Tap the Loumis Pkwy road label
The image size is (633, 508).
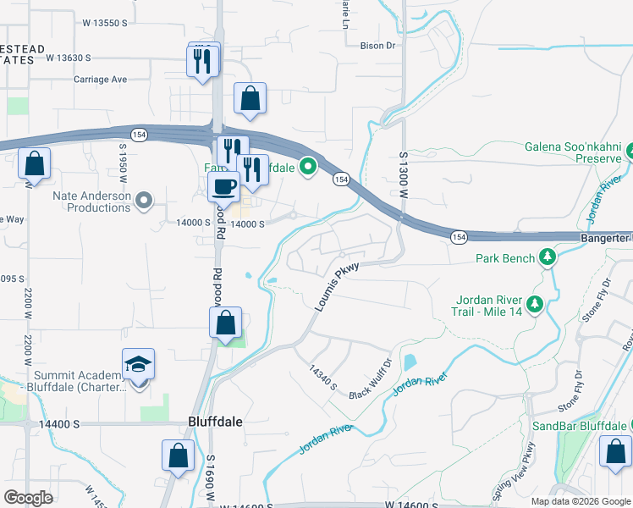337,286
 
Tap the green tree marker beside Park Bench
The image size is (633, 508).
548,257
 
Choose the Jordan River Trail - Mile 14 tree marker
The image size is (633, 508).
534,303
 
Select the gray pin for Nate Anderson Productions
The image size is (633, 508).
145,201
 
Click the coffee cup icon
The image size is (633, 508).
224,186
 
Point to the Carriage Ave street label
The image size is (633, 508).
99,80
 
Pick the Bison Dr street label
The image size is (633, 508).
377,46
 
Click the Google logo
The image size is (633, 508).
29,498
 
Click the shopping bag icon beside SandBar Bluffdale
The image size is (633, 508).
615,451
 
